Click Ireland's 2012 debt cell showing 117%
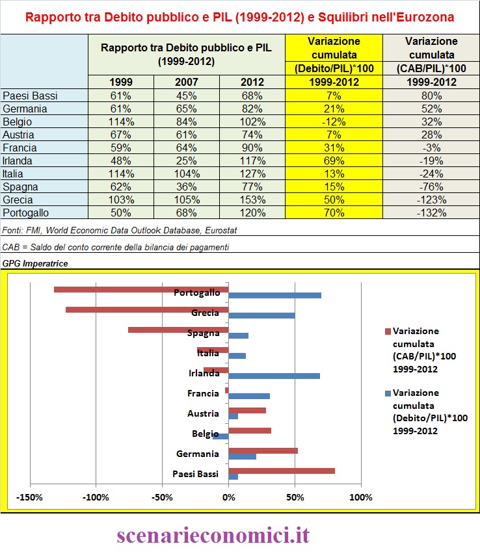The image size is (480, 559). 252,161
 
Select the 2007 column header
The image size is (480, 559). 187,82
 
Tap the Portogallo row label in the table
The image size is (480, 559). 25,213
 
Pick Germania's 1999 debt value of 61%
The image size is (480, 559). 121,109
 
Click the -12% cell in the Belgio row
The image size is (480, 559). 334,122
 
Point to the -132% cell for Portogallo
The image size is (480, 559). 431,213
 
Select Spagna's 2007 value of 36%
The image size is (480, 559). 187,187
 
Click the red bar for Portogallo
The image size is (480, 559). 141,289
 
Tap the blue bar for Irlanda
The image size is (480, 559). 274,376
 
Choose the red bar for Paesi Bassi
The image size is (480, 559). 282,471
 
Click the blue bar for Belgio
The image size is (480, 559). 220,436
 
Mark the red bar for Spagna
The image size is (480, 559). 178,330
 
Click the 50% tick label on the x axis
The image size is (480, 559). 295,497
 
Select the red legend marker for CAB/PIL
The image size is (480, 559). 388,331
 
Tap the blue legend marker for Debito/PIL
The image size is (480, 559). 388,393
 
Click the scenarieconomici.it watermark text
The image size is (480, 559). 213,535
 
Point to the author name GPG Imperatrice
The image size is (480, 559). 35,263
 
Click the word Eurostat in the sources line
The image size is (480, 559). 220,230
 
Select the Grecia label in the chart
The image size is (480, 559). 205,313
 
